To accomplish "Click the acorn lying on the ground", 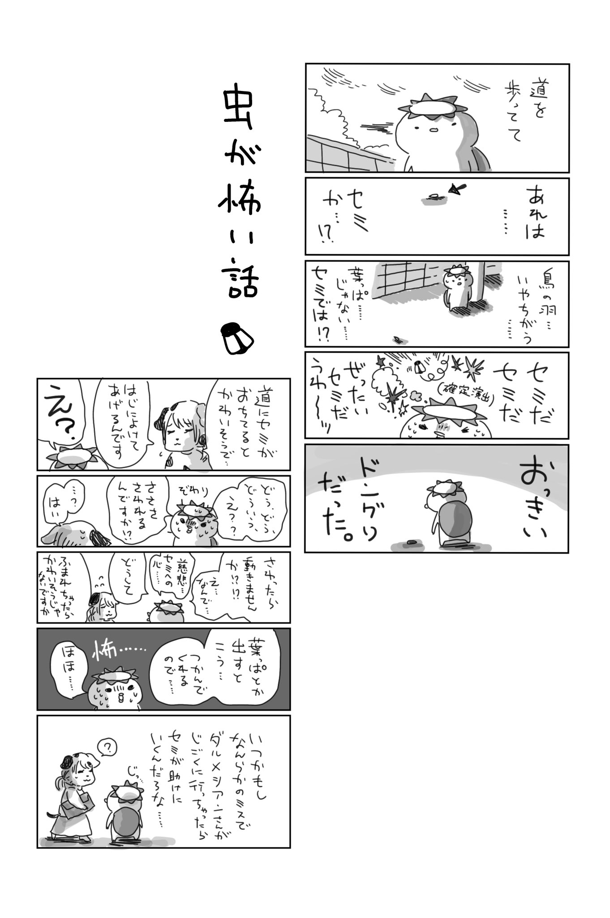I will tap(411, 543).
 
